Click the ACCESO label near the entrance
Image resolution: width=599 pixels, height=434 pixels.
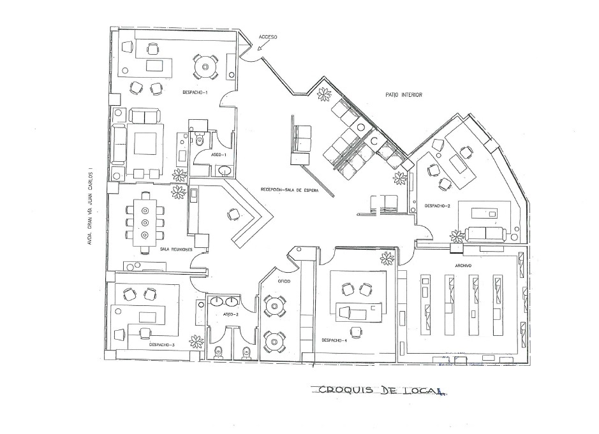268,38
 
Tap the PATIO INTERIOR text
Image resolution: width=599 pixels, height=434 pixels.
404,95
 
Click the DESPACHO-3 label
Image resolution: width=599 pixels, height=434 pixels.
162,345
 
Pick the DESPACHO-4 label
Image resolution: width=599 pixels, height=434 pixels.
334,339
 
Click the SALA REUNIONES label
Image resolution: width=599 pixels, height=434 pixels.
176,250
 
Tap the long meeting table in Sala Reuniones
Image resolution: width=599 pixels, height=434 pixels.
144,222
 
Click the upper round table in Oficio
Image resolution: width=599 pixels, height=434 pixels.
276,307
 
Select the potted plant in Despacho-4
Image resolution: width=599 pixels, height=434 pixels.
387,258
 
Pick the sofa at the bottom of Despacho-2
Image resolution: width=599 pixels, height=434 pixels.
487,233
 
